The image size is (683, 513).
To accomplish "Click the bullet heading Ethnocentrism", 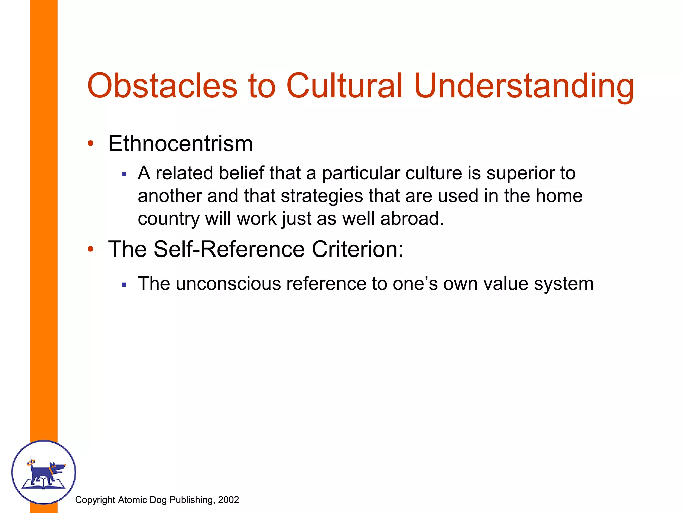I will click(180, 144).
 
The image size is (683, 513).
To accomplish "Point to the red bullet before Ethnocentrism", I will click(90, 144).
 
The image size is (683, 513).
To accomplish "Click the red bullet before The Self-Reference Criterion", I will click(90, 249).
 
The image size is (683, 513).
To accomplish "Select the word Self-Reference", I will click(229, 249).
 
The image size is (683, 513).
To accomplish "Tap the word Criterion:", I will click(358, 249).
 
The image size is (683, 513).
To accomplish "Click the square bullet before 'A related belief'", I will click(124, 174).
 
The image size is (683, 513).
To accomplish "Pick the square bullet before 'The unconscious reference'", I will click(124, 285).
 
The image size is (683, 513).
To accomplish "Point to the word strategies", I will click(322, 196).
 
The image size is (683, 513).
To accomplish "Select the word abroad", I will click(412, 219).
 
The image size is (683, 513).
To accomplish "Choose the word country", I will click(168, 219).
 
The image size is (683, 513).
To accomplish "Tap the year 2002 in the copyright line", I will click(228, 500).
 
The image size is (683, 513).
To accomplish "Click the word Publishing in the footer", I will click(191, 500).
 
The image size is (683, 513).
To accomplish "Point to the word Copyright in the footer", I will click(95, 500).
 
